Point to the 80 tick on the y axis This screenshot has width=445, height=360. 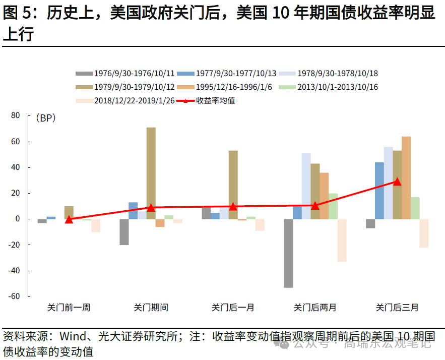click(x=15, y=116)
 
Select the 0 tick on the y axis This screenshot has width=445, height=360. click(x=17, y=219)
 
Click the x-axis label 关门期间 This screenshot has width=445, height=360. click(x=151, y=307)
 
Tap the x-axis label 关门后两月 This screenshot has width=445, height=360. click(x=315, y=307)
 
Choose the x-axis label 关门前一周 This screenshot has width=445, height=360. click(x=69, y=307)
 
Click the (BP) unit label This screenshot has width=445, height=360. click(x=45, y=118)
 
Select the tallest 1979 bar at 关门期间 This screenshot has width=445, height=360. click(x=151, y=173)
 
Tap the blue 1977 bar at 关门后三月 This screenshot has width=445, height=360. click(x=379, y=191)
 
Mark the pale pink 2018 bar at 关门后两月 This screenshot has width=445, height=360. click(x=342, y=240)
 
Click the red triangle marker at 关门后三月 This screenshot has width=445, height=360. click(x=397, y=182)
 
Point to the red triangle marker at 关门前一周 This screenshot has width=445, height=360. click(x=69, y=219)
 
